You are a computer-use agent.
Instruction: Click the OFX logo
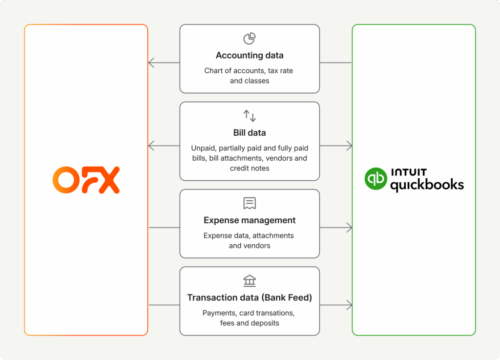tap(86, 180)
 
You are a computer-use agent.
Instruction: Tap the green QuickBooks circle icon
tap(375, 179)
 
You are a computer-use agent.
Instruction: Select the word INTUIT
tap(409, 172)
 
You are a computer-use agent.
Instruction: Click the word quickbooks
tap(427, 185)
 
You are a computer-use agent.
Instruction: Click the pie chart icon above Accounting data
tap(250, 39)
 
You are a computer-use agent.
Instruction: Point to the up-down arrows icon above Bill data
tap(250, 116)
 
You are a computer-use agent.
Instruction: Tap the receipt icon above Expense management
tap(250, 204)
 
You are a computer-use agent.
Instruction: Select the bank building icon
tap(250, 281)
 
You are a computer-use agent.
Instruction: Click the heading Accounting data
tap(250, 55)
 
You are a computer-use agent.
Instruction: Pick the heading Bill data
tap(250, 132)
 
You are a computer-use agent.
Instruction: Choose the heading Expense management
tap(250, 220)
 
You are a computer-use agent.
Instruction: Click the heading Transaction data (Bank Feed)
tap(250, 297)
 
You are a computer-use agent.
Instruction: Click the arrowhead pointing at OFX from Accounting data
tap(151, 63)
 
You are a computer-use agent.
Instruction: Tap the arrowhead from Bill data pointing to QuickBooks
tap(349, 146)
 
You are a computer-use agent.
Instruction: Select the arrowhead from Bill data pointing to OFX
tap(151, 146)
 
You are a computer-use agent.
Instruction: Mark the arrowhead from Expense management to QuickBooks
tap(349, 228)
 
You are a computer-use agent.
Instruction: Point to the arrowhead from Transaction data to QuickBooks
tap(349, 305)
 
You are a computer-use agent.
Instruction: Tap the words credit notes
tap(250, 168)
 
